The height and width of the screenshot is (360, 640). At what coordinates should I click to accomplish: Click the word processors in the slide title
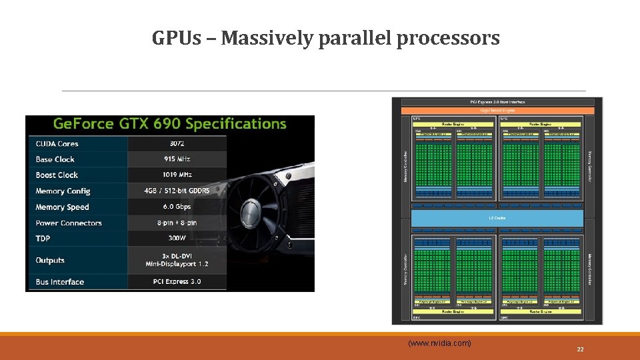[447, 39]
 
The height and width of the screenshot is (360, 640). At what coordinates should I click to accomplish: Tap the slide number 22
[580, 349]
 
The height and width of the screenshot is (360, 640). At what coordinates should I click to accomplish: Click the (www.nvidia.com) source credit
[439, 343]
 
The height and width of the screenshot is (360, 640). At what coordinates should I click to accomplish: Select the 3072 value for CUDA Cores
[177, 143]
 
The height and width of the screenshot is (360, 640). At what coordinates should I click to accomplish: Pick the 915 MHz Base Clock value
[177, 159]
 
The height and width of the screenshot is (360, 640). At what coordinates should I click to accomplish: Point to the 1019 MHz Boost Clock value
[177, 175]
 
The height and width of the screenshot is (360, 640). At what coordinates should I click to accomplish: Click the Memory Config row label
[63, 191]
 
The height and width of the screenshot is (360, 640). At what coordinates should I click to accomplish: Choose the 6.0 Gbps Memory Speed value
[177, 207]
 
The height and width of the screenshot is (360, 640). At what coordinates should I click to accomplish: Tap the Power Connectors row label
[69, 223]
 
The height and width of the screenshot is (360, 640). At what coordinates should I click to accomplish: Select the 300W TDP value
[177, 238]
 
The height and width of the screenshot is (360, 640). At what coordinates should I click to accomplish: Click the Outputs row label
[50, 260]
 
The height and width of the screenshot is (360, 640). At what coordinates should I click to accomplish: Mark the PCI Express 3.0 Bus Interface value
[177, 281]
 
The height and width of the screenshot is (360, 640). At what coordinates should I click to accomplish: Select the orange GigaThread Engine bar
[497, 110]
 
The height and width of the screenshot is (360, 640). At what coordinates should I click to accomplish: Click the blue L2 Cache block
[497, 218]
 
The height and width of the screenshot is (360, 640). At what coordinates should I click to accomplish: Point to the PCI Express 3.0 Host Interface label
[497, 101]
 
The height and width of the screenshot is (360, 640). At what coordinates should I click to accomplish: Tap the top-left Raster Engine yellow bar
[453, 123]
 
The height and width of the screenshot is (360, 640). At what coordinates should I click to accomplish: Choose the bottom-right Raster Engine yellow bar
[541, 311]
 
